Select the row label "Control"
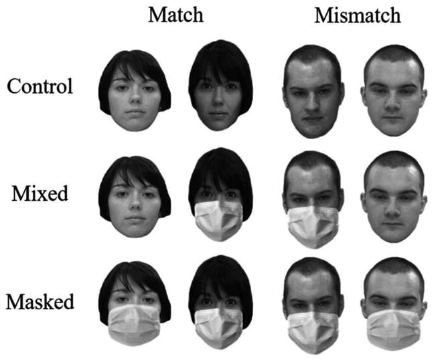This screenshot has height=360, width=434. point(40,86)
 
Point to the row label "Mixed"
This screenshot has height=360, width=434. point(40,195)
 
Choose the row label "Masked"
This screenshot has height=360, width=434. point(40,301)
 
